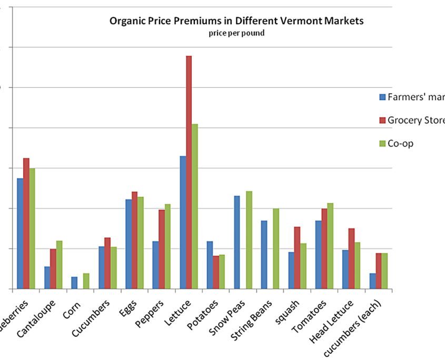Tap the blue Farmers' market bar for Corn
click(74, 283)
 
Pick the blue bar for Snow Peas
click(237, 242)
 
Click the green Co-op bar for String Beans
click(276, 248)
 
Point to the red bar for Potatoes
click(216, 272)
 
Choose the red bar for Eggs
click(134, 240)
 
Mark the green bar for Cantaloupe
click(59, 265)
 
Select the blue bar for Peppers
click(155, 265)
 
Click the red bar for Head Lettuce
click(351, 258)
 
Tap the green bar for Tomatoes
click(330, 246)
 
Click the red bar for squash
click(297, 258)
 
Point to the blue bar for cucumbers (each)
click(372, 281)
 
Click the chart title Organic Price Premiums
click(236, 22)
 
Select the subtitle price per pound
click(236, 33)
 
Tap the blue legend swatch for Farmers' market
click(382, 97)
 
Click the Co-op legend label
click(400, 143)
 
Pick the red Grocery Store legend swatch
click(382, 120)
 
